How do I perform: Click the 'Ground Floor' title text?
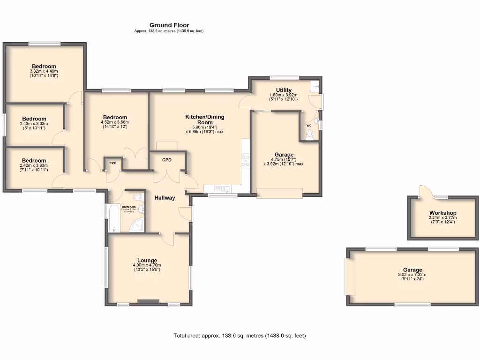point(169,25)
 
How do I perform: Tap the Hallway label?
point(165,198)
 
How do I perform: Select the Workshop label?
point(442,213)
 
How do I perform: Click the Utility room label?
point(284,90)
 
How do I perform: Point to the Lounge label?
point(147,260)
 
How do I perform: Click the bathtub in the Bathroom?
point(113,218)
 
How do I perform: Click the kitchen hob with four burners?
point(245,162)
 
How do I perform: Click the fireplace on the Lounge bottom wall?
point(148,301)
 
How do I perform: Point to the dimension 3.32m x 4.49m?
point(44,71)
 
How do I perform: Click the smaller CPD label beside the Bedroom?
point(113,163)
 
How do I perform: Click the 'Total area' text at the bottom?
point(240,336)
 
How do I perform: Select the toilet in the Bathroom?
point(137,197)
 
